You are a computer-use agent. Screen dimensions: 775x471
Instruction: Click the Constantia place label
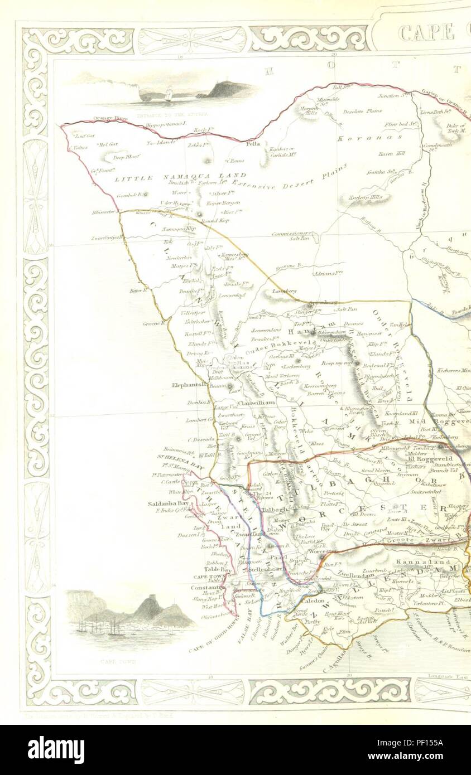pos(206,587)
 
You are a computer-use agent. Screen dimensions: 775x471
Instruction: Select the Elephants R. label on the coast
pos(190,384)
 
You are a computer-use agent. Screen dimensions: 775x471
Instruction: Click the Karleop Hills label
pos(366,197)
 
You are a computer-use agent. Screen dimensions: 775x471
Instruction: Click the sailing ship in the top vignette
pos(168,94)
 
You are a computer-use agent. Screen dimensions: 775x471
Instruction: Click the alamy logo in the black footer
pos(56,750)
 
